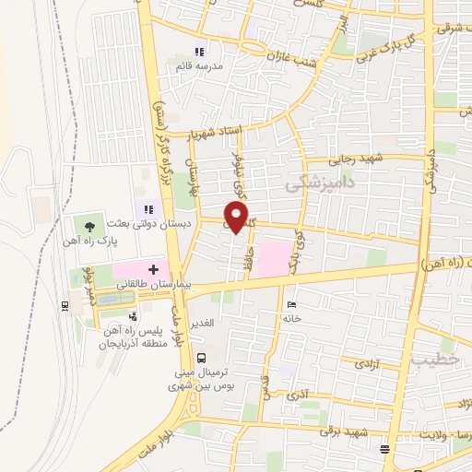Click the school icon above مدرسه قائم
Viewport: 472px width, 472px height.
199,52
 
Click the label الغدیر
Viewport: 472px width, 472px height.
202,323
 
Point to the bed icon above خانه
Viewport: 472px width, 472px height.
292,305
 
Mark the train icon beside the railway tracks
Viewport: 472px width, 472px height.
63,305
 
